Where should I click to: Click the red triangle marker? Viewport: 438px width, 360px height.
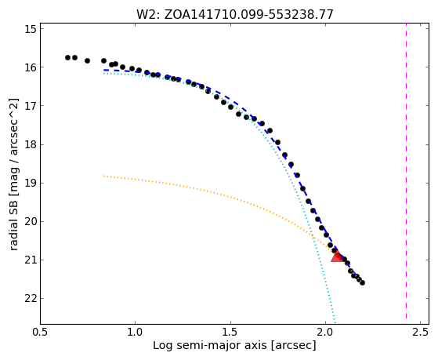coord(338,256)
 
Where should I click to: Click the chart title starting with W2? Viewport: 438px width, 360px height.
coord(235,14)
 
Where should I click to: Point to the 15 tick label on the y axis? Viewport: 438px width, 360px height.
coord(31,29)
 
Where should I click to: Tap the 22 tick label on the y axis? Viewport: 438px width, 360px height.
coord(31,299)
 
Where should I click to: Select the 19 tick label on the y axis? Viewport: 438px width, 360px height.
coord(31,183)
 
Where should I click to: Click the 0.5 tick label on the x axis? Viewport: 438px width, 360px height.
coord(41,332)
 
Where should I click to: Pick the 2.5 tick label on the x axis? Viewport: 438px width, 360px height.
coord(421,332)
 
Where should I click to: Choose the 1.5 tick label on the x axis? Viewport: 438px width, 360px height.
coord(230,332)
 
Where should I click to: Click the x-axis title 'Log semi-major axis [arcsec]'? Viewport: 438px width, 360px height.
coord(234,346)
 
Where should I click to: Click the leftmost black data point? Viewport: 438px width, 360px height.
coord(67,57)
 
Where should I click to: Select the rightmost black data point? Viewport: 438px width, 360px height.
coord(362,283)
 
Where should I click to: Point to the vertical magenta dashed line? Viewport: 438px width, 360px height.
coord(406,171)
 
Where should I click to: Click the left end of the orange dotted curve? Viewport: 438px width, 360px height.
coord(104,176)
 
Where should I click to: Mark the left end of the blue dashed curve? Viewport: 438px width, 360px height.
coord(104,70)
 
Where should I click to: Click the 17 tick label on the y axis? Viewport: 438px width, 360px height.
coord(31,106)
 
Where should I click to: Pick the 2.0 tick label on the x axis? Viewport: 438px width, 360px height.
coord(325,332)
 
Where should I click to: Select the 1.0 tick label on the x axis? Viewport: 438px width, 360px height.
coord(136,332)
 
